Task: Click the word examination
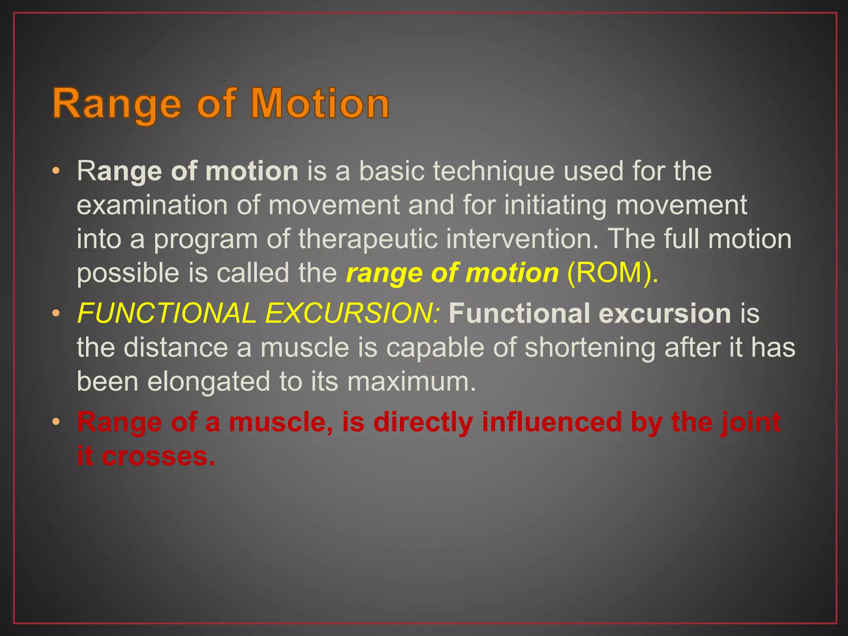(x=152, y=205)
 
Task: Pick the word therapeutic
(x=368, y=239)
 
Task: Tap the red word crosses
(x=158, y=456)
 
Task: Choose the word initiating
(x=555, y=206)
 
